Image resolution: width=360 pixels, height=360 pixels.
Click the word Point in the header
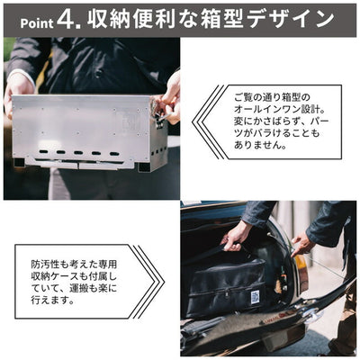click(37, 23)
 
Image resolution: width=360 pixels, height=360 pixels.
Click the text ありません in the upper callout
click(259, 145)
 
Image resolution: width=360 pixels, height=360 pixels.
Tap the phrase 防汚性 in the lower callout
click(45, 265)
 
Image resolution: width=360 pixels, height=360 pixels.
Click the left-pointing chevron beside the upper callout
click(208, 122)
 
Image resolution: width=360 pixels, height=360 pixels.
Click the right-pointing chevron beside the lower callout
click(149, 282)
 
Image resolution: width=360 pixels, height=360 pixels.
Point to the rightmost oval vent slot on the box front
click(114, 154)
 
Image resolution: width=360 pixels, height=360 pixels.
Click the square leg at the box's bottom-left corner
click(20, 163)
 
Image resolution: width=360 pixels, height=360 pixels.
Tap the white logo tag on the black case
click(255, 297)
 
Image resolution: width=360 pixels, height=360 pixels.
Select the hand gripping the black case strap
click(236, 236)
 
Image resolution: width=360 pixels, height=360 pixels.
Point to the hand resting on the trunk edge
click(302, 245)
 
